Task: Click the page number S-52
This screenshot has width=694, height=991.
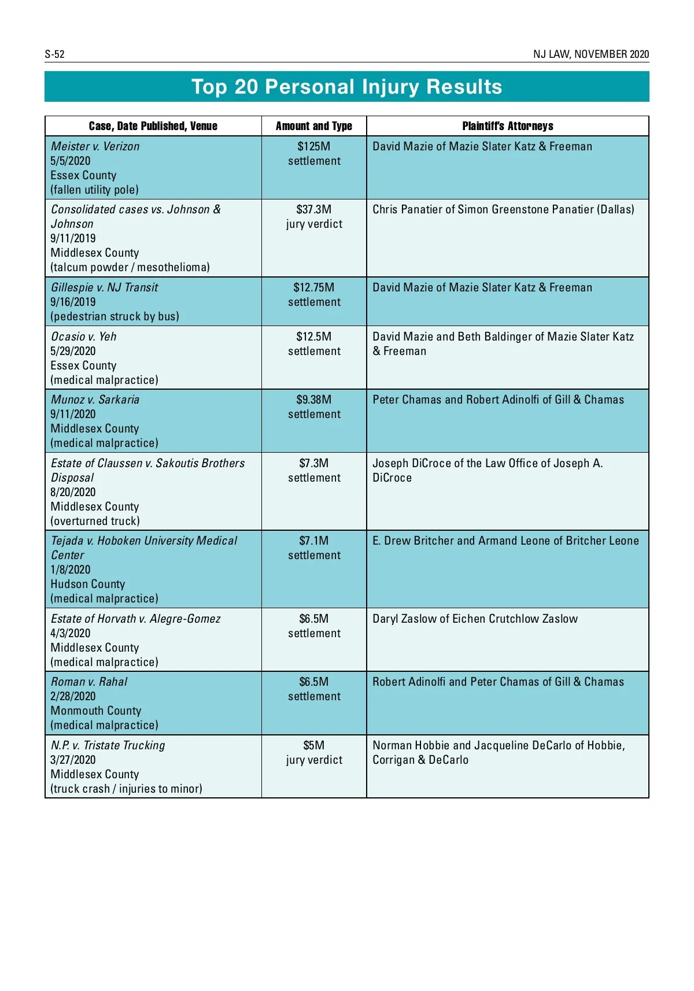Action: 54,54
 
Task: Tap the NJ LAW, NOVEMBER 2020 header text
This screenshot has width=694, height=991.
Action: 590,54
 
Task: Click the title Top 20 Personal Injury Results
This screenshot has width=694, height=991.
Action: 346,87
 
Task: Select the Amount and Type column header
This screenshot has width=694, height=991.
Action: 313,126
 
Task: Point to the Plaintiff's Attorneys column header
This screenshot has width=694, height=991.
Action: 507,126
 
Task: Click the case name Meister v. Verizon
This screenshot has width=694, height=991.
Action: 95,146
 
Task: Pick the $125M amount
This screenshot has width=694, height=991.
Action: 313,146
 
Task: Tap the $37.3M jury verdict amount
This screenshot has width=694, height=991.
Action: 313,209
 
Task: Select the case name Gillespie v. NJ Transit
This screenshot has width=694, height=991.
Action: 104,287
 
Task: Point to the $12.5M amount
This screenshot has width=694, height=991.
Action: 313,337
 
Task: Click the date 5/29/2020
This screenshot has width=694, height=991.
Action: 73,351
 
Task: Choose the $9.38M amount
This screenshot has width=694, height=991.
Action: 313,400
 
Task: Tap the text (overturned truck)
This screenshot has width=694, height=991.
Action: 95,521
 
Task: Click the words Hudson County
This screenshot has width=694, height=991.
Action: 87,584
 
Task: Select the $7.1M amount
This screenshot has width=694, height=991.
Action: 313,541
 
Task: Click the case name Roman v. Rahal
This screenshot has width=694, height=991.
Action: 89,682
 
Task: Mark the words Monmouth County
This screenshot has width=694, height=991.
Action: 95,711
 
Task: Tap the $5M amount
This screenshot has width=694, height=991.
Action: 313,745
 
